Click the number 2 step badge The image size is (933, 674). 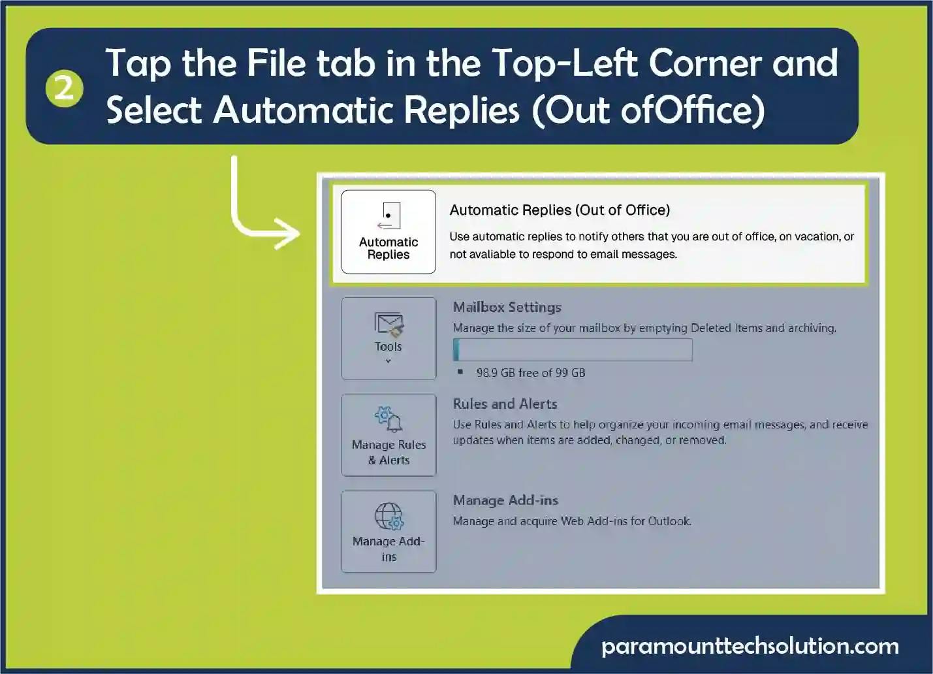tap(64, 89)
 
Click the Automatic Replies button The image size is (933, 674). tap(388, 232)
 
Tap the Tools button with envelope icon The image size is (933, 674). tap(388, 338)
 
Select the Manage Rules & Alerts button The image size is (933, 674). tap(388, 435)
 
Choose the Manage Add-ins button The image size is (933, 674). tap(388, 532)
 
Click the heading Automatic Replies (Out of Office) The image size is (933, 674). tap(560, 210)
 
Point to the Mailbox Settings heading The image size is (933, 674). tap(507, 308)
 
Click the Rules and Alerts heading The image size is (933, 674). tap(505, 404)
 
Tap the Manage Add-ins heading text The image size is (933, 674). tap(505, 500)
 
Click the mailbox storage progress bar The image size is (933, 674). tap(573, 349)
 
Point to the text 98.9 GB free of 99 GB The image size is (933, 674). tap(531, 373)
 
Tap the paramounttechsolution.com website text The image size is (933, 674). tap(750, 647)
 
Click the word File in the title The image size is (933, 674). tap(277, 63)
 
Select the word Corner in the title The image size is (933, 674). tap(704, 63)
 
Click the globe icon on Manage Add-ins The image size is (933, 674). tap(389, 516)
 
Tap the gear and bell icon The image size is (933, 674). tap(388, 419)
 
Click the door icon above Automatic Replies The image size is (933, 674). tap(388, 216)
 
